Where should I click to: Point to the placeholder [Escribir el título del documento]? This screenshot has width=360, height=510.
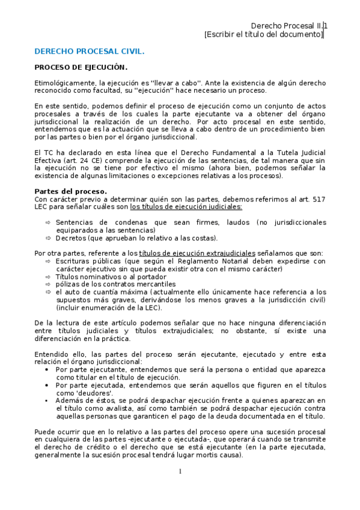263,35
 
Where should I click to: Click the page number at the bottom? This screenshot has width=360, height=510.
180,471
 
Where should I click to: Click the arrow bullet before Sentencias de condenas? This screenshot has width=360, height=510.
48,222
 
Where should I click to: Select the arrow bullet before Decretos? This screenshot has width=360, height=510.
48,238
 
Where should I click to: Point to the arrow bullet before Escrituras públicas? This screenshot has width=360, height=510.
48,262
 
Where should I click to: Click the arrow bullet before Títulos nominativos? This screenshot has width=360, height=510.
48,277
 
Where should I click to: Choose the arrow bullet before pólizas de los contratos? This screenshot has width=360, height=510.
48,284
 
